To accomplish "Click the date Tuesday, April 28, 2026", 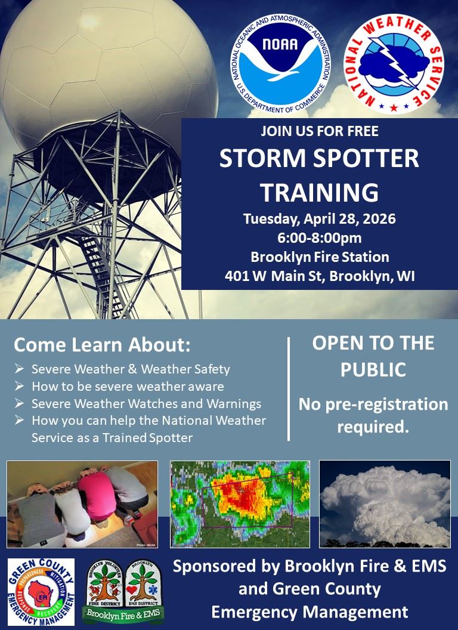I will click(x=319, y=219).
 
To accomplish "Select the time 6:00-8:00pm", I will click(x=319, y=238).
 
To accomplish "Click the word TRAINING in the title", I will click(x=319, y=192).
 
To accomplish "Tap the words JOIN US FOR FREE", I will click(x=319, y=131).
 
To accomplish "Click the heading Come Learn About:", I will click(x=102, y=345).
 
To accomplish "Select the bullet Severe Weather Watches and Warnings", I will click(x=146, y=403).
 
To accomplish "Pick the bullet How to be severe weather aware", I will click(x=128, y=386).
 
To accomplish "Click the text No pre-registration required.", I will click(x=373, y=415).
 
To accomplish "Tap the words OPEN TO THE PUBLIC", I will click(x=373, y=356).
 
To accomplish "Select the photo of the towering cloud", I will click(x=385, y=504).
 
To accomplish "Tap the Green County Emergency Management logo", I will click(x=41, y=591).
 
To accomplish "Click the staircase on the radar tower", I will click(x=101, y=262).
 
